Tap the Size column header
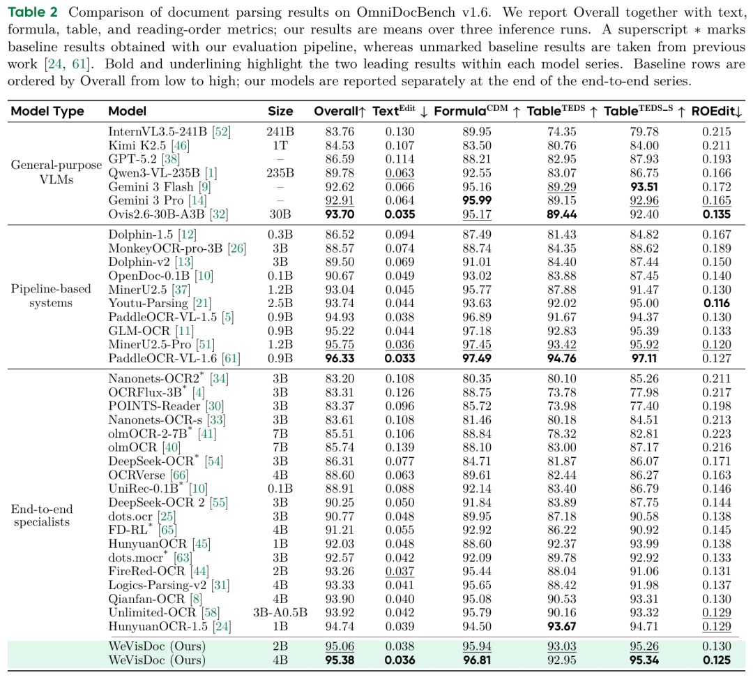pyautogui.click(x=280, y=112)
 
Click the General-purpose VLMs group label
pyautogui.click(x=56, y=172)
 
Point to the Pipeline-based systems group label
pyautogui.click(x=51, y=296)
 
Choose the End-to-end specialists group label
pyautogui.click(x=42, y=516)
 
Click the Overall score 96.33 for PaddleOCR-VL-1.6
pyautogui.click(x=340, y=358)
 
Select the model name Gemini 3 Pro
pyautogui.click(x=146, y=200)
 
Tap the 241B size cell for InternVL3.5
pyautogui.click(x=280, y=132)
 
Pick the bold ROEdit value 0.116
pyautogui.click(x=717, y=304)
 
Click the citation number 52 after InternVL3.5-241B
pyautogui.click(x=222, y=132)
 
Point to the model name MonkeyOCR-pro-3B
pyautogui.click(x=165, y=249)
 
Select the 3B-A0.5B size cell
pyautogui.click(x=280, y=613)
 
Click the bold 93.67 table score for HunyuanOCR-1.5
pyautogui.click(x=562, y=627)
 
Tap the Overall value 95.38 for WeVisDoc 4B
pyautogui.click(x=340, y=660)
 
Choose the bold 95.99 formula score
pyautogui.click(x=477, y=200)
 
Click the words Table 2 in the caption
pyautogui.click(x=33, y=12)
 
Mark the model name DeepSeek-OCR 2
pyautogui.click(x=157, y=503)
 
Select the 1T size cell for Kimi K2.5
pyautogui.click(x=280, y=146)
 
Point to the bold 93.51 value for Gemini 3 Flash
pyautogui.click(x=644, y=187)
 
